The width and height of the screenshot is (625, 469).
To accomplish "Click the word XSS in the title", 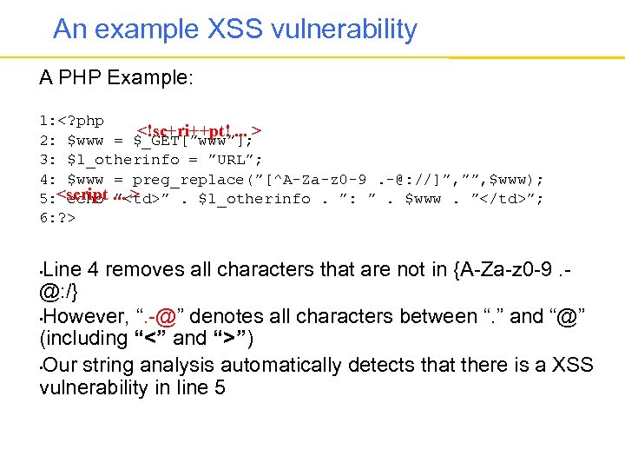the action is [x=242, y=30].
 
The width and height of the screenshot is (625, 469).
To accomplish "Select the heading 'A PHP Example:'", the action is [x=116, y=78].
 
